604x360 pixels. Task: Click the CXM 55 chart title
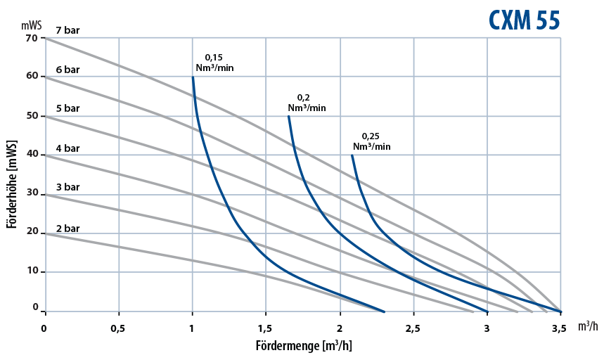[525, 20]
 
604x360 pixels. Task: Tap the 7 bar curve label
[68, 30]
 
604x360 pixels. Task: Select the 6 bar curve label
[68, 70]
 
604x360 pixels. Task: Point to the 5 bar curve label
[68, 108]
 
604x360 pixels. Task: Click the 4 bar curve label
[68, 148]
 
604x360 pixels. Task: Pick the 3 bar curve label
[68, 188]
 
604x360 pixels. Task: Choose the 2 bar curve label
[68, 229]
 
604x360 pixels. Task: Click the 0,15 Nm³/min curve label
[214, 63]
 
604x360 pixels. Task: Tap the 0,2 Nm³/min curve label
[307, 103]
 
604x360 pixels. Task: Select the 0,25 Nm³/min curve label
[371, 141]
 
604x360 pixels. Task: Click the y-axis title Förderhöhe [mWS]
[12, 184]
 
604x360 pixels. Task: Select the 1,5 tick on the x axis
[265, 328]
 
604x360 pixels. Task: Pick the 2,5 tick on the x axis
[413, 328]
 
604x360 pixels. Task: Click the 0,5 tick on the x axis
[118, 328]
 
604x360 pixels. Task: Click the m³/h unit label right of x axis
[588, 327]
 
